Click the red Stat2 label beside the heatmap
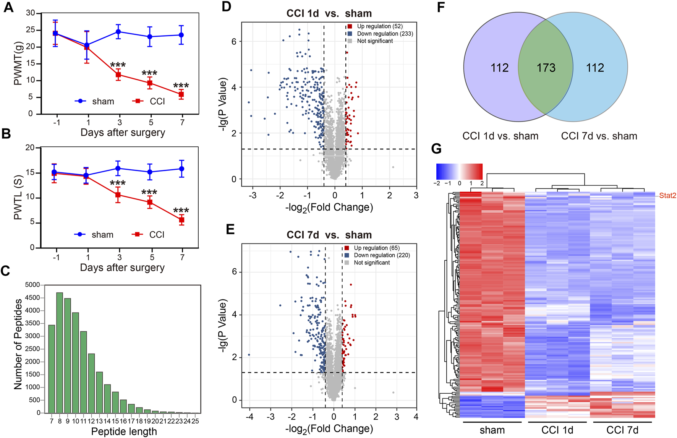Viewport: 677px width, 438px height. pos(667,196)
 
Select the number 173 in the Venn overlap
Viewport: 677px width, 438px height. pos(546,68)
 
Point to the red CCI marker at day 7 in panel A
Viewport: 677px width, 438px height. pos(181,94)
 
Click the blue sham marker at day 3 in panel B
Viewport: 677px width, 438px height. pos(118,168)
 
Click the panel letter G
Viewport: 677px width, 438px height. pos(436,149)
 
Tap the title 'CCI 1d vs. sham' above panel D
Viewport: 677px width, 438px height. pos(329,13)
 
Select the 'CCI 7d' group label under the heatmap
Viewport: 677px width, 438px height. pos(622,430)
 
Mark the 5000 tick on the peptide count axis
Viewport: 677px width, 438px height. pos(32,285)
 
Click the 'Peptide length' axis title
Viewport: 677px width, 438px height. pos(124,432)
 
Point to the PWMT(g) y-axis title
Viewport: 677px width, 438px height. pos(18,63)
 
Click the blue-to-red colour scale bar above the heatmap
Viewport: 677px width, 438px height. pos(459,172)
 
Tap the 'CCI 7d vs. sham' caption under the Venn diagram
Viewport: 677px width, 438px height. pos(599,136)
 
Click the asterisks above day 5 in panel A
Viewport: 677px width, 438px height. pos(149,73)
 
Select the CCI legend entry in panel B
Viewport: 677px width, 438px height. pos(149,235)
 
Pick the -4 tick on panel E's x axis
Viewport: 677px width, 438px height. pos(250,417)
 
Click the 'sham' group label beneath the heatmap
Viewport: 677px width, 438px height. pos(492,430)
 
